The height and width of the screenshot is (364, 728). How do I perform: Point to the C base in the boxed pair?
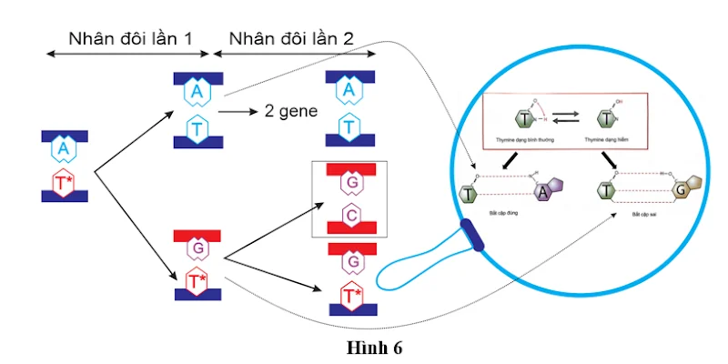point(350,215)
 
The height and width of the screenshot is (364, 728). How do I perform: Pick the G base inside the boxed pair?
point(350,182)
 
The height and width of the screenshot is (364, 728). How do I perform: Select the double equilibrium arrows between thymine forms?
point(568,117)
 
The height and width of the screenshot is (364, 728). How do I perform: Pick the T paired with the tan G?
point(606,191)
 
